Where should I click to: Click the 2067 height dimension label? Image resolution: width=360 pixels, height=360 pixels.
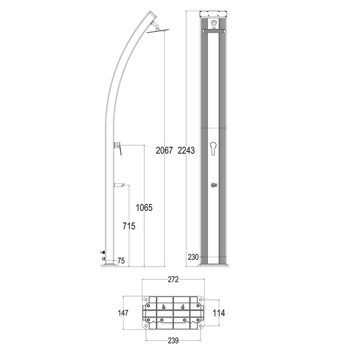coord(164,151)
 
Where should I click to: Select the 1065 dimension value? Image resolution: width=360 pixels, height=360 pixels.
coord(144,208)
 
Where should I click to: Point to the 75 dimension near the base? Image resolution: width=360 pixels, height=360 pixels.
coord(121,260)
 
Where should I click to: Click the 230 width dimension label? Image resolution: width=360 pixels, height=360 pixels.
coord(193,257)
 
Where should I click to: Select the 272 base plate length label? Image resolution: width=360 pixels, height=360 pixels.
coord(173,280)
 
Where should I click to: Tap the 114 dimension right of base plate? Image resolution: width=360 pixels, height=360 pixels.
coord(219,313)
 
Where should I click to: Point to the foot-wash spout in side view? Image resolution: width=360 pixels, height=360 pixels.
coord(119,185)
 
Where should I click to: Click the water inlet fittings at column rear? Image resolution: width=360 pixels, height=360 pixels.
coord(102,255)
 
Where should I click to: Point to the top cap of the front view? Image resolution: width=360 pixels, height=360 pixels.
coord(214,14)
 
